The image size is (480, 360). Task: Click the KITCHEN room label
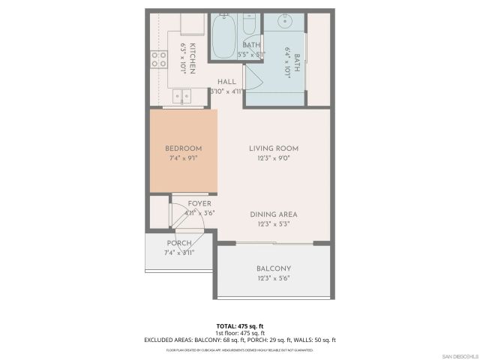[x=192, y=58]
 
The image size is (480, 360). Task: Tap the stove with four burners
[x=159, y=59]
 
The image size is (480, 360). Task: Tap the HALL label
[x=227, y=81]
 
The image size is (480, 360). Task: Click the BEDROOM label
[x=183, y=148]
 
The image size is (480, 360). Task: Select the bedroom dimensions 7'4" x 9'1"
[x=183, y=158]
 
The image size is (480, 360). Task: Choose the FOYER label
[x=199, y=203]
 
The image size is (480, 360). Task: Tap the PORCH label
[x=178, y=244]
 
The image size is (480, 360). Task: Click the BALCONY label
[x=274, y=268]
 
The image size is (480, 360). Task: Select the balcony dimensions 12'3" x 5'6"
[x=274, y=278]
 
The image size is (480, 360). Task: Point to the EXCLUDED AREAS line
[x=240, y=340]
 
